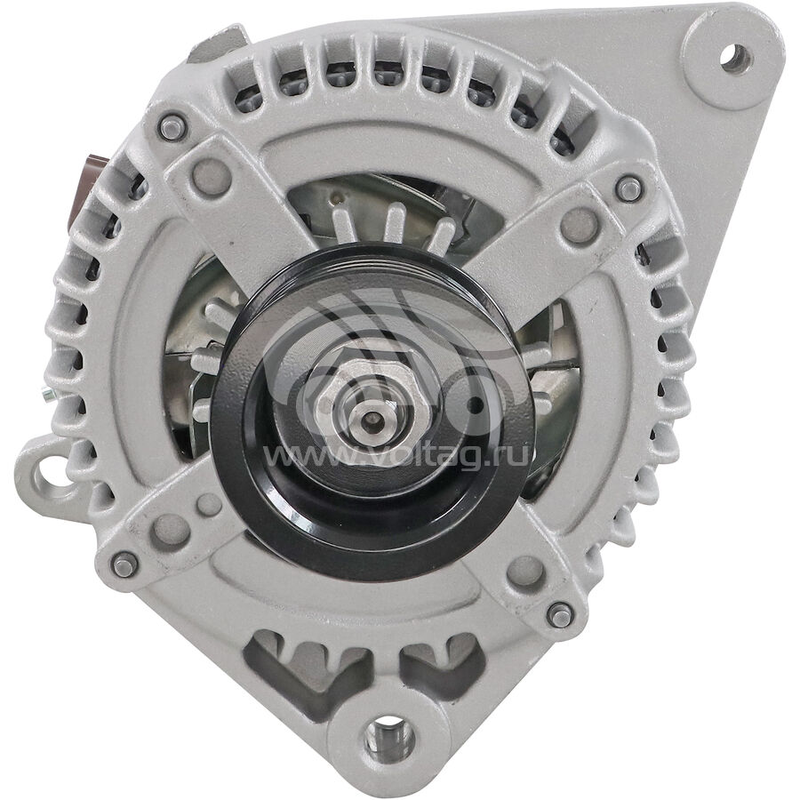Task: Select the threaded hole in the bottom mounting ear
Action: coord(388,735)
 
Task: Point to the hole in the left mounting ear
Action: coord(52,474)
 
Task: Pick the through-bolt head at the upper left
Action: coord(172,127)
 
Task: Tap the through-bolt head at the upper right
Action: coord(629,188)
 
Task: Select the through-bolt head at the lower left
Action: coord(124,565)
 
